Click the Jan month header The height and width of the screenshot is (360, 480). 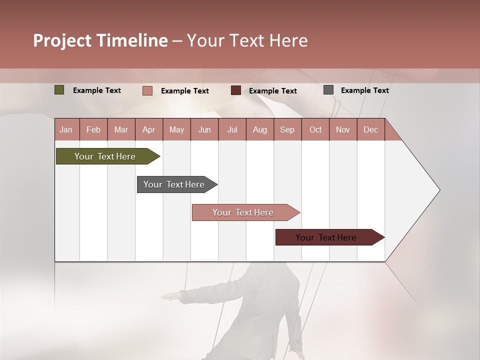point(66,130)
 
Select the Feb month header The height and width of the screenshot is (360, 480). point(93,130)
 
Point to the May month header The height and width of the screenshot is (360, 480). point(176,130)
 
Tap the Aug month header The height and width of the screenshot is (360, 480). point(260,130)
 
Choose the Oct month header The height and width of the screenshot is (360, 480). point(315,130)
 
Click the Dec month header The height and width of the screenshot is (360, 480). point(370,130)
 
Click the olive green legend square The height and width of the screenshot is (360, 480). point(59,90)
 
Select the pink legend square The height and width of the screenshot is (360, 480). point(147,90)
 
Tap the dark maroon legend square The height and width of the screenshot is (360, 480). point(236,90)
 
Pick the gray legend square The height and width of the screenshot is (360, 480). point(328,90)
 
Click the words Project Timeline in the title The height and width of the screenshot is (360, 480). point(100,40)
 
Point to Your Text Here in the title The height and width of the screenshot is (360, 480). point(247,40)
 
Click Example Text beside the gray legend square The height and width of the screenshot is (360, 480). point(364,90)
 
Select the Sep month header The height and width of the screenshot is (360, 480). point(287,130)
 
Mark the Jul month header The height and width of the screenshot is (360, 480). point(232,130)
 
